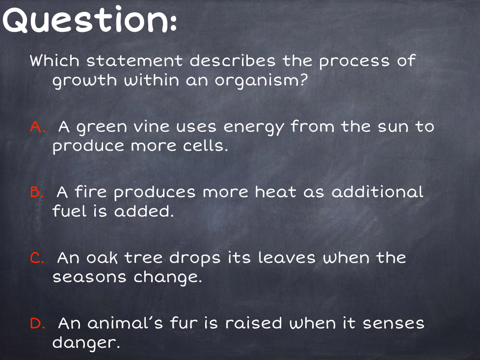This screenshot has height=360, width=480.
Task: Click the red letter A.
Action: (x=38, y=127)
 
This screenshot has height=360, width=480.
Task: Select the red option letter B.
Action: (x=36, y=192)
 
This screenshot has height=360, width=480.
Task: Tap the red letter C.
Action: (x=37, y=258)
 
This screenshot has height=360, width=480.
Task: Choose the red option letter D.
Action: (x=38, y=323)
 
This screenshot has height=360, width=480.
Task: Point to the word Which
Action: (x=54, y=60)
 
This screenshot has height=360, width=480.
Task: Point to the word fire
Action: (x=91, y=192)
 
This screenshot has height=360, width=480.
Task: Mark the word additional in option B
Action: (x=377, y=192)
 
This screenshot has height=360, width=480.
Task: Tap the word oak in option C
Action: (x=102, y=257)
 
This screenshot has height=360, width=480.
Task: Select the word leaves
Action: (x=287, y=257)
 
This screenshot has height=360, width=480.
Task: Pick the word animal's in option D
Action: (x=125, y=323)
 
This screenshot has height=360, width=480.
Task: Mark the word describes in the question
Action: (x=233, y=60)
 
